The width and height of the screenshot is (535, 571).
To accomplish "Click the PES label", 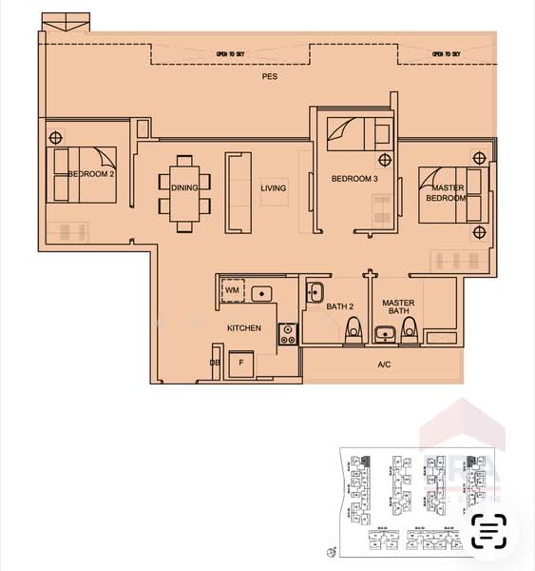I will click(x=270, y=81).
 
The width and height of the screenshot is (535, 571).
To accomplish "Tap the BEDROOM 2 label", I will click(x=92, y=174).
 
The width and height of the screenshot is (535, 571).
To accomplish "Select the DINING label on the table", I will click(x=185, y=187).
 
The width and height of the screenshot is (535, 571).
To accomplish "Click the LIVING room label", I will click(x=274, y=188).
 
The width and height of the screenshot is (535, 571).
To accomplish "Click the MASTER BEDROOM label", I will click(x=445, y=191).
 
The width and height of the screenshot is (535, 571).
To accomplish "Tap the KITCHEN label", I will click(x=244, y=328).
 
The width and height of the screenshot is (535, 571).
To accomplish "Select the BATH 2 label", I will click(x=339, y=306).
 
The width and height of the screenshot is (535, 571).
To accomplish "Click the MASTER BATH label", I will click(x=398, y=307).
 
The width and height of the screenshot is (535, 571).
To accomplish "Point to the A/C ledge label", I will click(x=384, y=364).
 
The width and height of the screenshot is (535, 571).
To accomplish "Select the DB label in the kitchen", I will click(x=215, y=363).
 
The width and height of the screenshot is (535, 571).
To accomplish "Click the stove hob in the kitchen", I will click(x=287, y=333).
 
